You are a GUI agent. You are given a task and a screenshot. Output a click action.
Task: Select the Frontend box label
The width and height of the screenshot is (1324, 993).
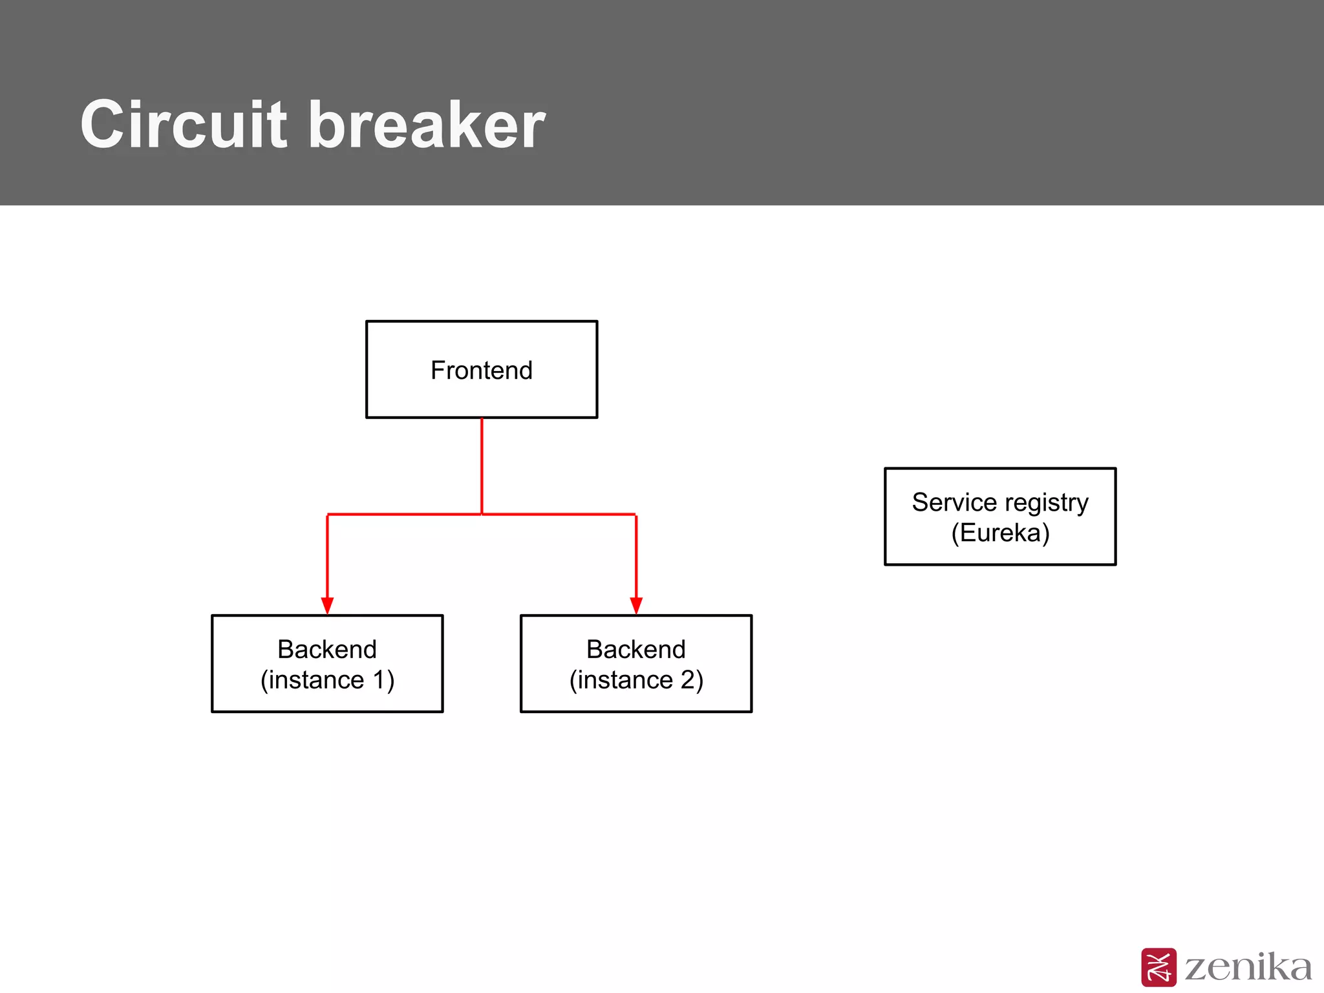pos(482,370)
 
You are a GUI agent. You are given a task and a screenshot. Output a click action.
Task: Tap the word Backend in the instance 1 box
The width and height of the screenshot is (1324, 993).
pos(327,649)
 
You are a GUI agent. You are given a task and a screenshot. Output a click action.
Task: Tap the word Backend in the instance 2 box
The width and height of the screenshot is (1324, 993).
pos(636,649)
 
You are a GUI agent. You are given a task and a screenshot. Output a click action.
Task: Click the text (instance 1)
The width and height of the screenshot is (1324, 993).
pos(327,680)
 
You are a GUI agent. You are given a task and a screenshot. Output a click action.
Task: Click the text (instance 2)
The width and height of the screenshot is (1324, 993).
pos(636,680)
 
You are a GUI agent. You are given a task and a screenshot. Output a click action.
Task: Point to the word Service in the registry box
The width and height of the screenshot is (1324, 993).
pos(954,502)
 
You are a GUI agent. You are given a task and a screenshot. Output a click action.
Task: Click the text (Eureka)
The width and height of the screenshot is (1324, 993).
pos(1000,533)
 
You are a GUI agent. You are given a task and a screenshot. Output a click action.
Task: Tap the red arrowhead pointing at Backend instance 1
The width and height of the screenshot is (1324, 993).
pos(327,605)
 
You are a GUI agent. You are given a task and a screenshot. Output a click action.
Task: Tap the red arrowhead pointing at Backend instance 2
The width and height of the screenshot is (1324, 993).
pos(636,605)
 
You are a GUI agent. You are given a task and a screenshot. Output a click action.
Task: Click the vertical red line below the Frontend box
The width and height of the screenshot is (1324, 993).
pos(482,465)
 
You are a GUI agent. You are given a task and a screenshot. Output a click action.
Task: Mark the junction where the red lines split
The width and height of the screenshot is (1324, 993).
pos(482,515)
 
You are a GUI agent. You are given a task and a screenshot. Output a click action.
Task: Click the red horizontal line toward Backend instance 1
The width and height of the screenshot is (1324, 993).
pos(404,515)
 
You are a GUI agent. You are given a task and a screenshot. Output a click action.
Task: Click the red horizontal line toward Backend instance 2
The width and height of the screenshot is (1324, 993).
pos(559,515)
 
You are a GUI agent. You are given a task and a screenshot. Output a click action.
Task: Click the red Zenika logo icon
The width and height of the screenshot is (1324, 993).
pos(1158,967)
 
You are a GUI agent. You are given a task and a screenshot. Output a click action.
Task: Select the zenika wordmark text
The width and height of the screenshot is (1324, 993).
pos(1248,967)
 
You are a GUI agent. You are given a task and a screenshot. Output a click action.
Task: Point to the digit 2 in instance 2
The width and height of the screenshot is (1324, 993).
pos(687,680)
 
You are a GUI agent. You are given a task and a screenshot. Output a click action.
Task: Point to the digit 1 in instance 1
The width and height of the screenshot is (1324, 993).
pos(380,680)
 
